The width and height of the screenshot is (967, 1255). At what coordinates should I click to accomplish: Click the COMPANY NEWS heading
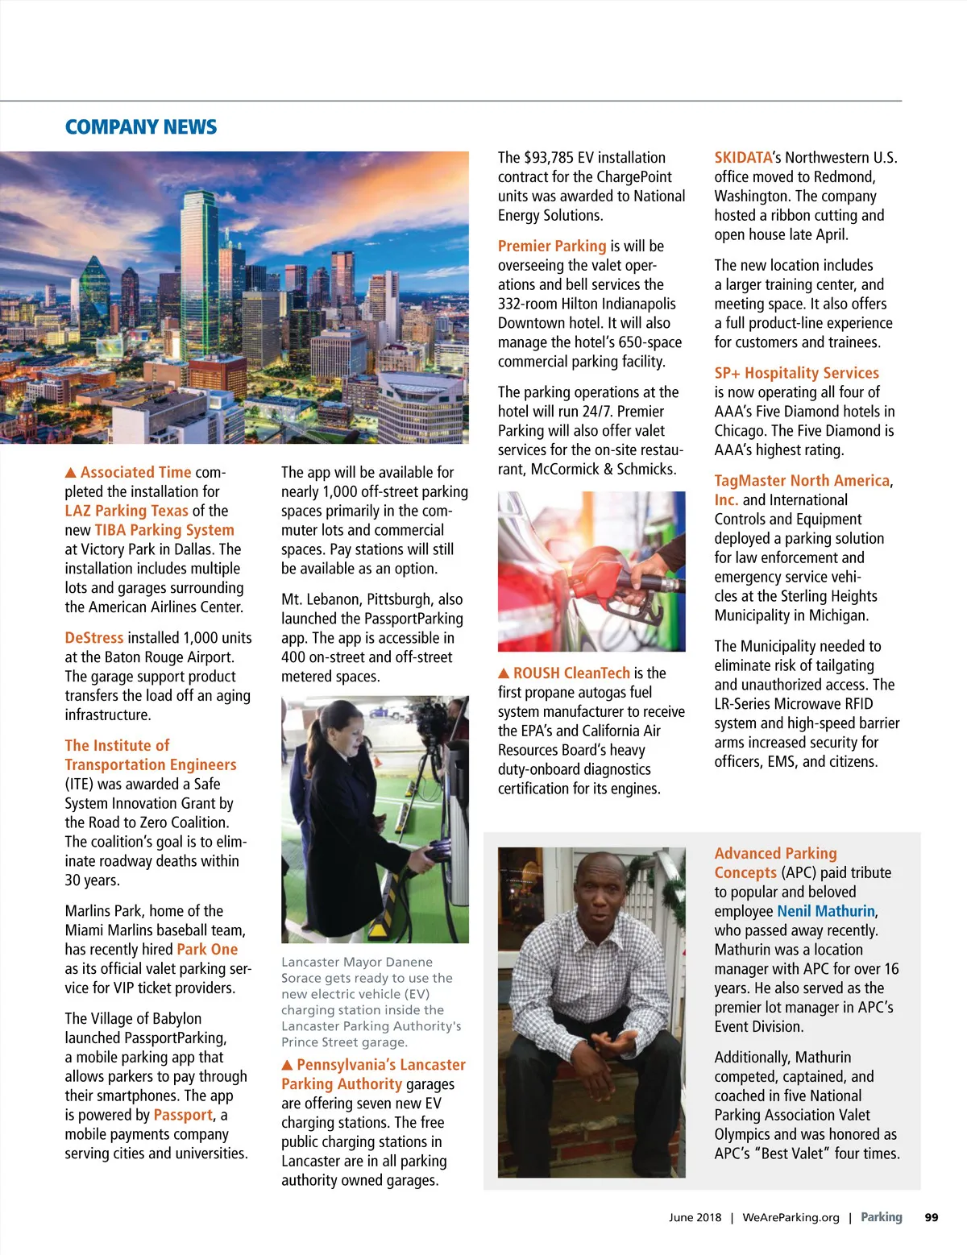[141, 127]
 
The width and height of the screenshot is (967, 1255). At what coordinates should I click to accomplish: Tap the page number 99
[932, 1217]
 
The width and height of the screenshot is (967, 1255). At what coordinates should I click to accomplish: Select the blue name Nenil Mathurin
[826, 911]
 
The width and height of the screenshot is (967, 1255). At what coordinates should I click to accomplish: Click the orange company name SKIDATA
[743, 158]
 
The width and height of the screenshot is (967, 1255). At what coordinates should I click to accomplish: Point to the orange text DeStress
[94, 638]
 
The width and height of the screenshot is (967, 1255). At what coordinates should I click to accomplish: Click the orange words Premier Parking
[552, 246]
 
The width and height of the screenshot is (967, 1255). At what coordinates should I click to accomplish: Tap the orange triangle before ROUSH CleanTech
[504, 673]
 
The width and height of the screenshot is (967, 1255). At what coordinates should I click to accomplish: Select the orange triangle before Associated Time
[71, 473]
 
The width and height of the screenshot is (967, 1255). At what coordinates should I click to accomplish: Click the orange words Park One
[207, 950]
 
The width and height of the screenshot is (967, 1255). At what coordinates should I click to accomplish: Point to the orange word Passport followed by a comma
[183, 1115]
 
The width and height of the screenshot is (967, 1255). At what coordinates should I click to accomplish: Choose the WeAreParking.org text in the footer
[791, 1217]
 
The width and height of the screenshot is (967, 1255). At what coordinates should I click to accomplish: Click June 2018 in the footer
[695, 1217]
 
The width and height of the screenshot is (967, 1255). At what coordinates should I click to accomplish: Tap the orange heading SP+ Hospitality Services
[796, 373]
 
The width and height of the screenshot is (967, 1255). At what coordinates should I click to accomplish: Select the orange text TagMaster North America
[802, 481]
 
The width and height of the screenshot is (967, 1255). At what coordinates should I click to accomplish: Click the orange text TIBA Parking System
[164, 530]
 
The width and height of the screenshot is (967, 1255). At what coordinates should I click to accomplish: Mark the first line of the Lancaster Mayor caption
[357, 962]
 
